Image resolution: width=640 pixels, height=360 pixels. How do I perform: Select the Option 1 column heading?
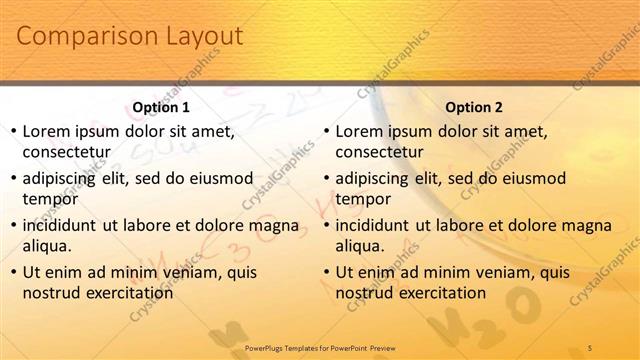point(161,107)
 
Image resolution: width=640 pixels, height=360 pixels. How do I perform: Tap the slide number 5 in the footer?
point(590,347)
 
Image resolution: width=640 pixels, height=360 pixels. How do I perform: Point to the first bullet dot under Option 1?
point(12,131)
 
